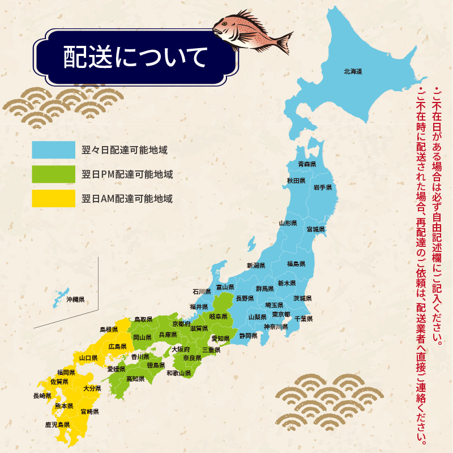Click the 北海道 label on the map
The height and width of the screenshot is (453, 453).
[x=352, y=72]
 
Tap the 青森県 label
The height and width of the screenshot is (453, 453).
[x=306, y=164]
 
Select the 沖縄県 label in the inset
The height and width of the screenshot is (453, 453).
[x=75, y=299]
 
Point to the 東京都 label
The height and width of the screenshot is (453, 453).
[x=281, y=315]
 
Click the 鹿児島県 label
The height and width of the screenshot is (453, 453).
[x=57, y=424]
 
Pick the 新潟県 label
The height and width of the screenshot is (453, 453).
[x=256, y=266]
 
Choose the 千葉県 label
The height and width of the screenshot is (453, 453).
[x=303, y=319]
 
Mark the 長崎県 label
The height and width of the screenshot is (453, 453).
[x=42, y=396]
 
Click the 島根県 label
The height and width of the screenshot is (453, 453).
[x=108, y=329]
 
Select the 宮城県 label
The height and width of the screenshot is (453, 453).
[x=315, y=230]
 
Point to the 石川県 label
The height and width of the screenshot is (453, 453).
[x=201, y=292]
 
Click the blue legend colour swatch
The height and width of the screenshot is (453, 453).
[x=54, y=150]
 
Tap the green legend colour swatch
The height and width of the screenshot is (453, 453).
[x=54, y=174]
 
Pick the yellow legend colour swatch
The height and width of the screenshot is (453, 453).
[x=54, y=199]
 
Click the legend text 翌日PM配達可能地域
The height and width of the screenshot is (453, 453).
[x=127, y=174]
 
